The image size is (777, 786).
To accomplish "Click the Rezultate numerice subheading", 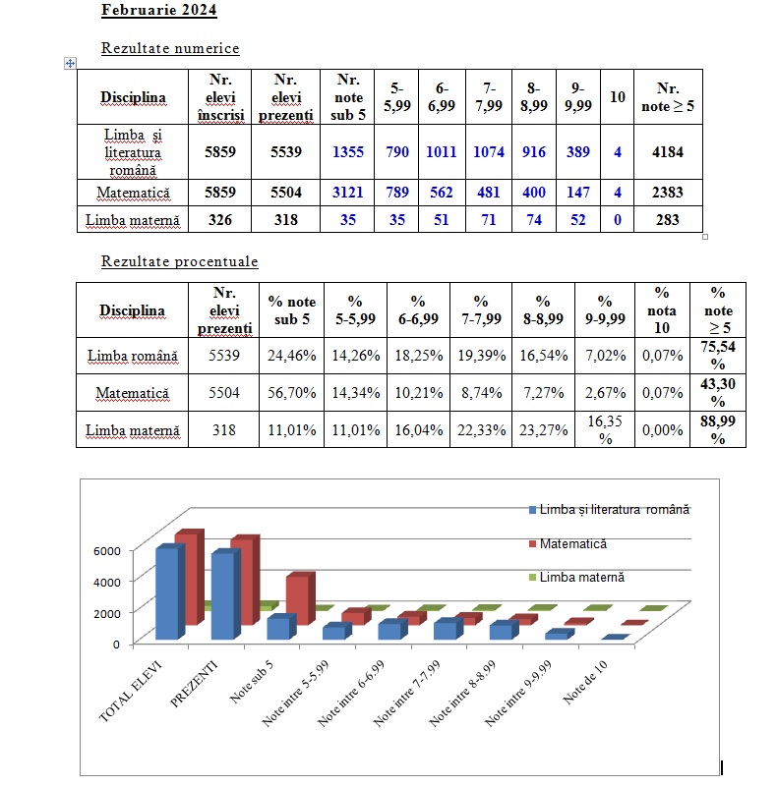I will [170, 47].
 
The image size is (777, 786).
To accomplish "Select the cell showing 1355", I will [348, 151].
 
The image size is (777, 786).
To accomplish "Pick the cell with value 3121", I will [348, 193].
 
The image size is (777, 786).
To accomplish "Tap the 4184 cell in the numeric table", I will [667, 151].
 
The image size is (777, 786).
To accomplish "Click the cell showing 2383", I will [667, 193].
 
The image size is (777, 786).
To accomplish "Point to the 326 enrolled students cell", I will [219, 220].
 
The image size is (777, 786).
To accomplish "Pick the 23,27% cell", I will [543, 430].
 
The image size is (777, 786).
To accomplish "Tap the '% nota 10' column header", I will [661, 310].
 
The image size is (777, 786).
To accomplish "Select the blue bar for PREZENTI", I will [223, 594].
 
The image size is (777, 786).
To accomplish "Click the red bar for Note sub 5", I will [301, 592].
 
